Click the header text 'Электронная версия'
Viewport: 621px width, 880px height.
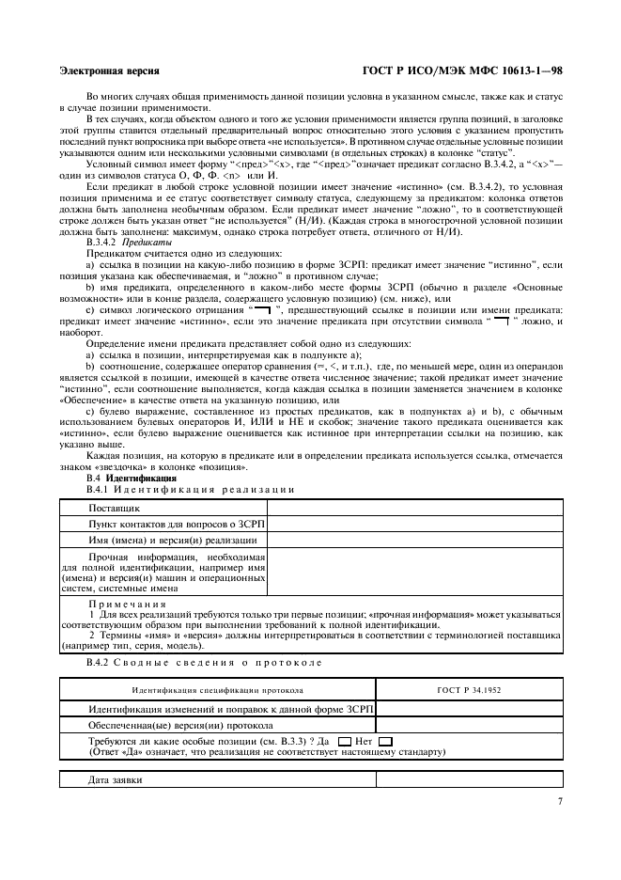[108, 71]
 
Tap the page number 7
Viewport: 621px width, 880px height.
[560, 801]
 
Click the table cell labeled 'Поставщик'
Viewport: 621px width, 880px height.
[115, 508]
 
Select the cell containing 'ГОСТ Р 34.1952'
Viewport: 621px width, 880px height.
[469, 690]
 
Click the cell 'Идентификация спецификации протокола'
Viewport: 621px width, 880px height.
[217, 690]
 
